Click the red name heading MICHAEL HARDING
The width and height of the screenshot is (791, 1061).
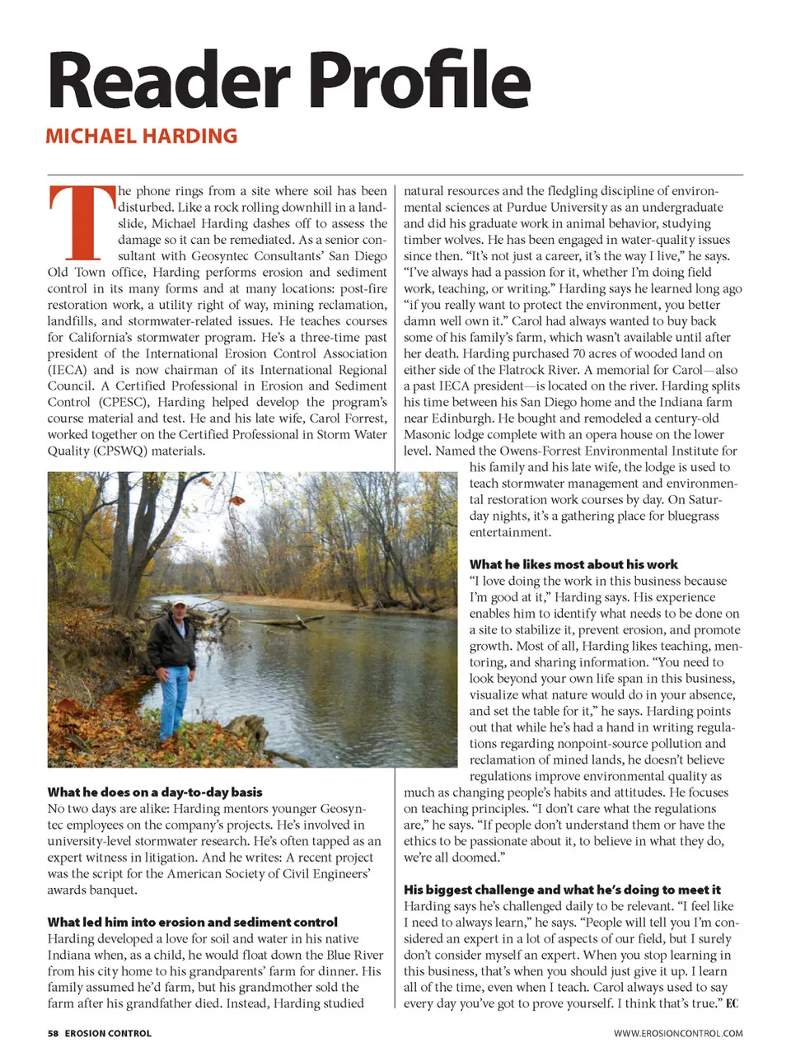pos(141,136)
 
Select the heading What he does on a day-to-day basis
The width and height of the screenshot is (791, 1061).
pos(155,792)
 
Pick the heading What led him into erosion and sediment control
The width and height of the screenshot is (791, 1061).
pos(192,922)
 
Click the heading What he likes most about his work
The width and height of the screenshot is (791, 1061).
pos(573,564)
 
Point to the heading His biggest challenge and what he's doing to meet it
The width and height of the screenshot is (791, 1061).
pos(562,890)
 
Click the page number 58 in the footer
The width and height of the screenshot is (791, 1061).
pos(54,1033)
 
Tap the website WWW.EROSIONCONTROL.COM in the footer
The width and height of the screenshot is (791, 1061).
pos(677,1033)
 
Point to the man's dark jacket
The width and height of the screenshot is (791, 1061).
pos(173,643)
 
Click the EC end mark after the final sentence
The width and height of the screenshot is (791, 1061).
pos(732,1003)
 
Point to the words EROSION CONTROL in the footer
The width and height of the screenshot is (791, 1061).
pos(108,1033)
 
